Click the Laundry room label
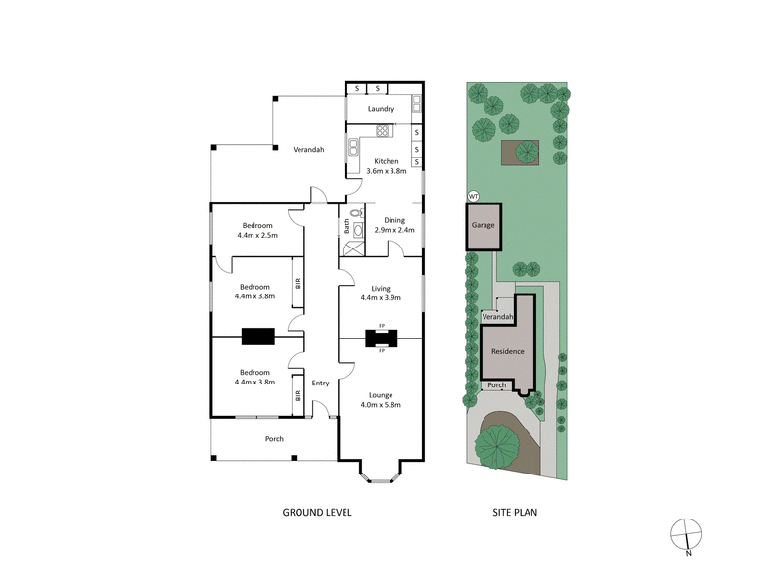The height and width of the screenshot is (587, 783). coord(381,109)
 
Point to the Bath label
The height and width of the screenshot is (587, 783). coord(346,225)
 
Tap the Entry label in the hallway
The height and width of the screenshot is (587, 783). coord(320,383)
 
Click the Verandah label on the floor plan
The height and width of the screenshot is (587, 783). coord(308,149)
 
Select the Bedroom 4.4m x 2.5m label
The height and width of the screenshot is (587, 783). coord(257,230)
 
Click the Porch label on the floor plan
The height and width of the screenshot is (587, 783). coord(275,439)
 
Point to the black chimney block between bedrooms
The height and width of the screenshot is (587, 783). coord(258,337)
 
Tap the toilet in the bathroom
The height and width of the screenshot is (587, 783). coord(356,212)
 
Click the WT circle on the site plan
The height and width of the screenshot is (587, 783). coord(474,196)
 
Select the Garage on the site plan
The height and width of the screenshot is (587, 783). coord(484,225)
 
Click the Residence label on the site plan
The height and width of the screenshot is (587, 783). coord(507,351)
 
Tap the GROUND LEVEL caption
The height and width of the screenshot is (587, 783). coord(317,512)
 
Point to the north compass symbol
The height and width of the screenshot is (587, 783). coord(687,536)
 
